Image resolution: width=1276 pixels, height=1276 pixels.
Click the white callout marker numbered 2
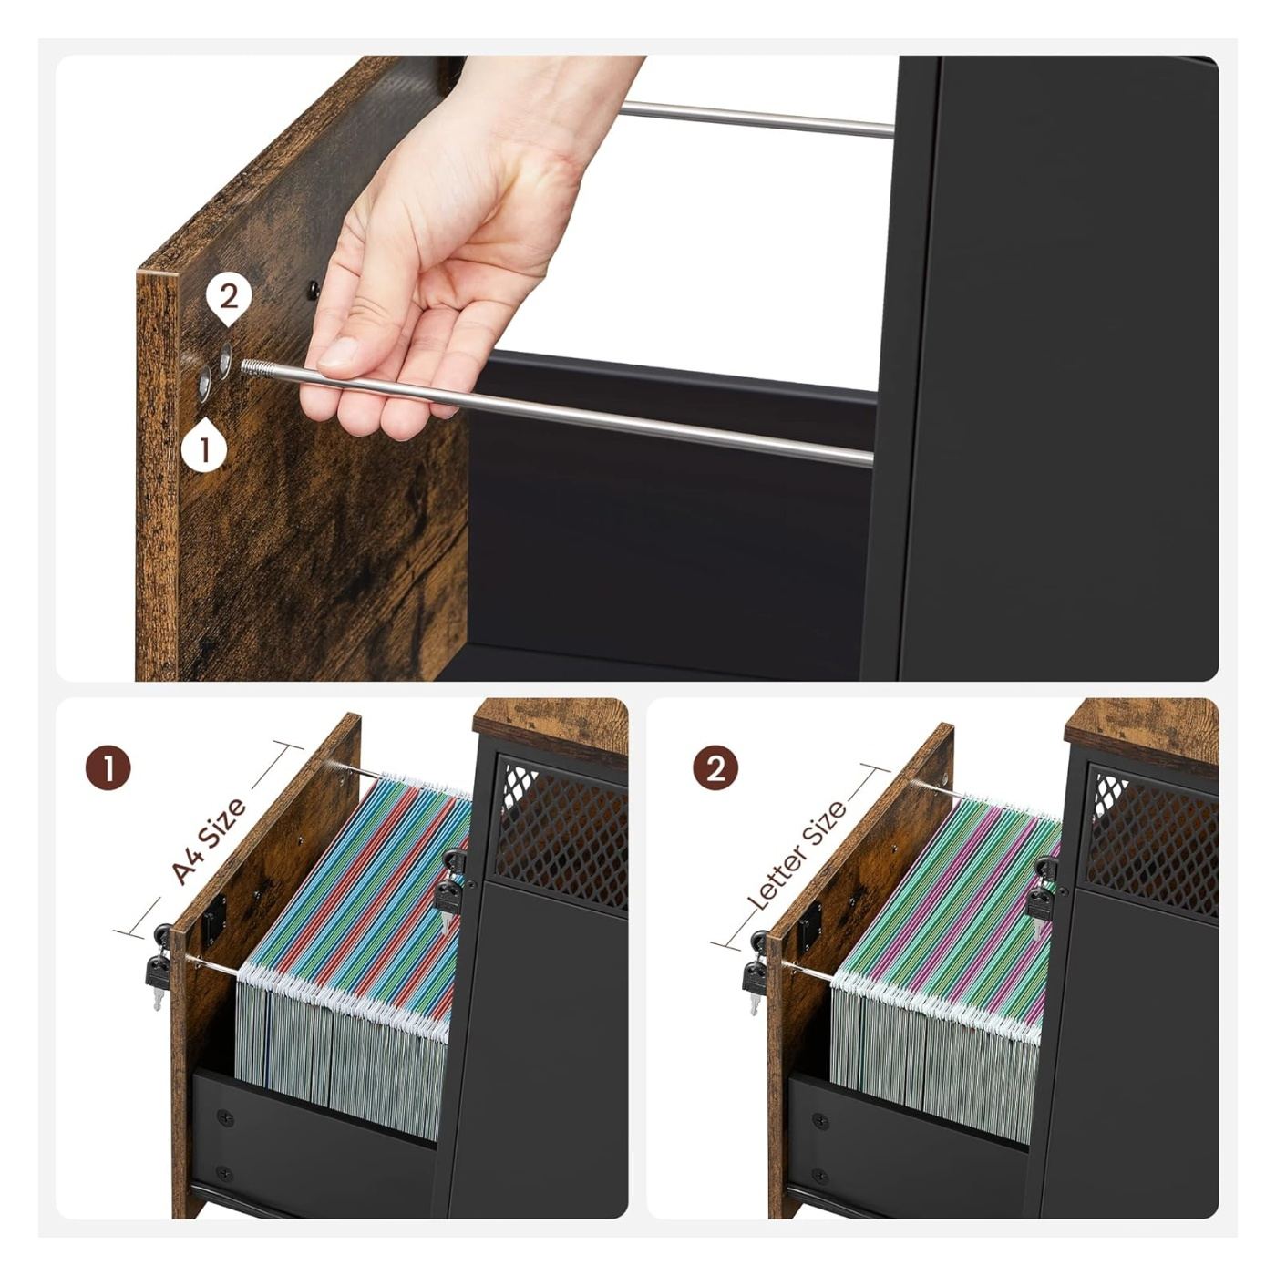pyautogui.click(x=229, y=300)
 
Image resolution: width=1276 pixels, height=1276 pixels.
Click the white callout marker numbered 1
pyautogui.click(x=205, y=447)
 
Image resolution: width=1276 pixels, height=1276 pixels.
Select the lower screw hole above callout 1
pyautogui.click(x=204, y=384)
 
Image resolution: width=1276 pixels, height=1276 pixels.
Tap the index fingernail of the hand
pyautogui.click(x=338, y=353)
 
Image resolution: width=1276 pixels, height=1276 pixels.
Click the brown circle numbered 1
pyautogui.click(x=108, y=768)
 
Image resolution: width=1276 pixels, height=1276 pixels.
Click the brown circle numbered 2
pyautogui.click(x=715, y=768)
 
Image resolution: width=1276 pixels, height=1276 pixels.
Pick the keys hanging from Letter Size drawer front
pyautogui.click(x=755, y=972)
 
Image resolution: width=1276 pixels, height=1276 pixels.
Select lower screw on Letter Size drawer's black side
pyautogui.click(x=819, y=1176)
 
